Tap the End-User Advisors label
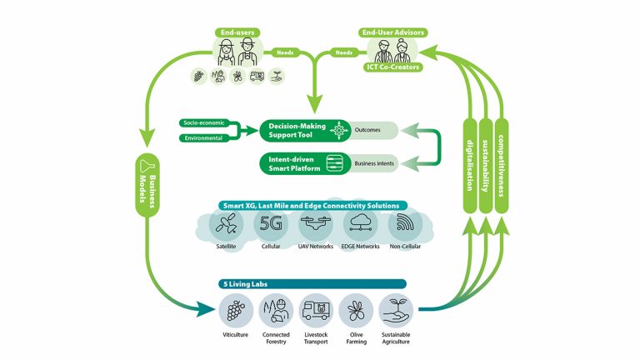pos(393,32)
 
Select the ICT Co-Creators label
pos(392,66)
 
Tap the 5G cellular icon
pos(272,223)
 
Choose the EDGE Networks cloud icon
pos(362,223)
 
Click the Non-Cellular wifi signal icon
pos(407,223)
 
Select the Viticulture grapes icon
pos(236,311)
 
